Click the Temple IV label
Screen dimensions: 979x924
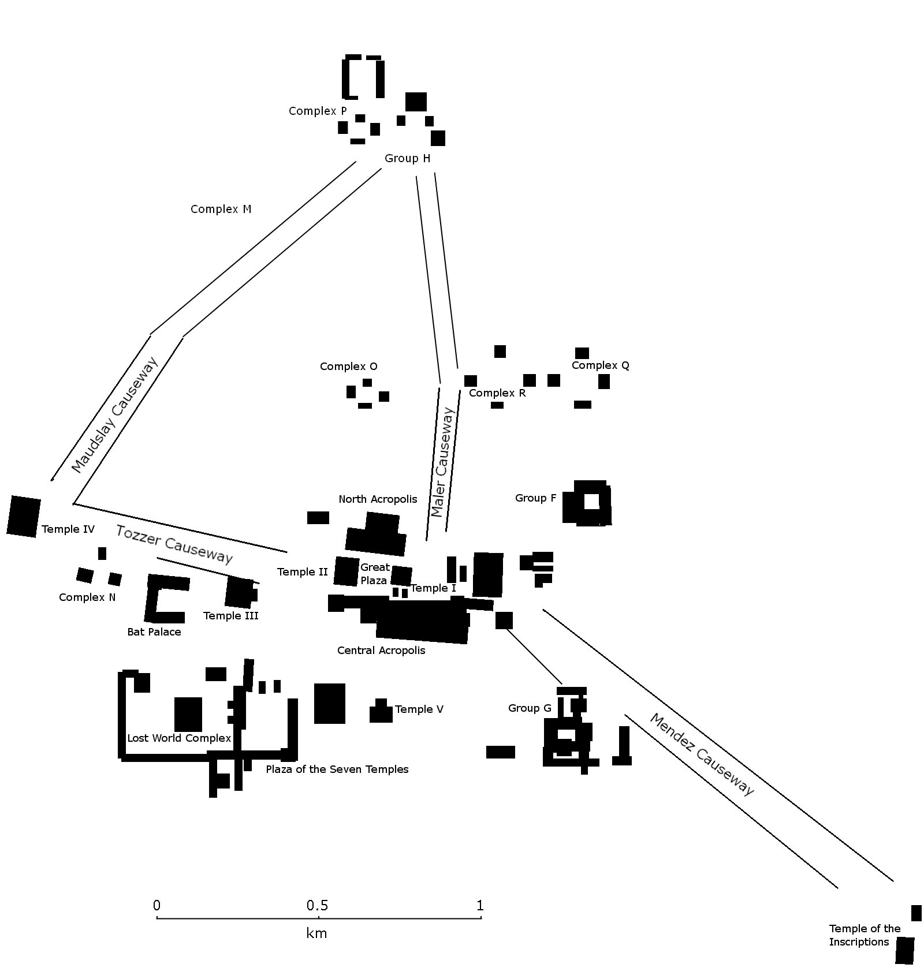pyautogui.click(x=68, y=529)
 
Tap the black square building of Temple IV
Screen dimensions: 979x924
pyautogui.click(x=24, y=516)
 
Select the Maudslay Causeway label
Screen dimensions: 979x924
pyautogui.click(x=114, y=415)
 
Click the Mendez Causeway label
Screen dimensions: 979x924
pyautogui.click(x=702, y=754)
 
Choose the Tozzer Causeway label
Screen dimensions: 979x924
pyautogui.click(x=174, y=544)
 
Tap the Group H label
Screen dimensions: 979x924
pyautogui.click(x=407, y=158)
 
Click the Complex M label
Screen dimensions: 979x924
pyautogui.click(x=221, y=209)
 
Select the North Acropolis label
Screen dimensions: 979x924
pyautogui.click(x=378, y=499)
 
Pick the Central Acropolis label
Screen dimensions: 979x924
pyautogui.click(x=381, y=651)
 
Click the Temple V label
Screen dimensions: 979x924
pyautogui.click(x=419, y=709)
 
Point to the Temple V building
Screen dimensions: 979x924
pyautogui.click(x=381, y=712)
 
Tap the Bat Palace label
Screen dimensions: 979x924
pyautogui.click(x=154, y=632)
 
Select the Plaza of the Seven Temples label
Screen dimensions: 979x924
pyautogui.click(x=337, y=769)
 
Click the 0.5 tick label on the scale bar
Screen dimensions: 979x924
pyautogui.click(x=318, y=906)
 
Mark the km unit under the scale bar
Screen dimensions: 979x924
pyautogui.click(x=317, y=933)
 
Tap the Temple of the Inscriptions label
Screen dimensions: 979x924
pyautogui.click(x=865, y=935)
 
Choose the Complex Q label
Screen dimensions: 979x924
pyautogui.click(x=601, y=365)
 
